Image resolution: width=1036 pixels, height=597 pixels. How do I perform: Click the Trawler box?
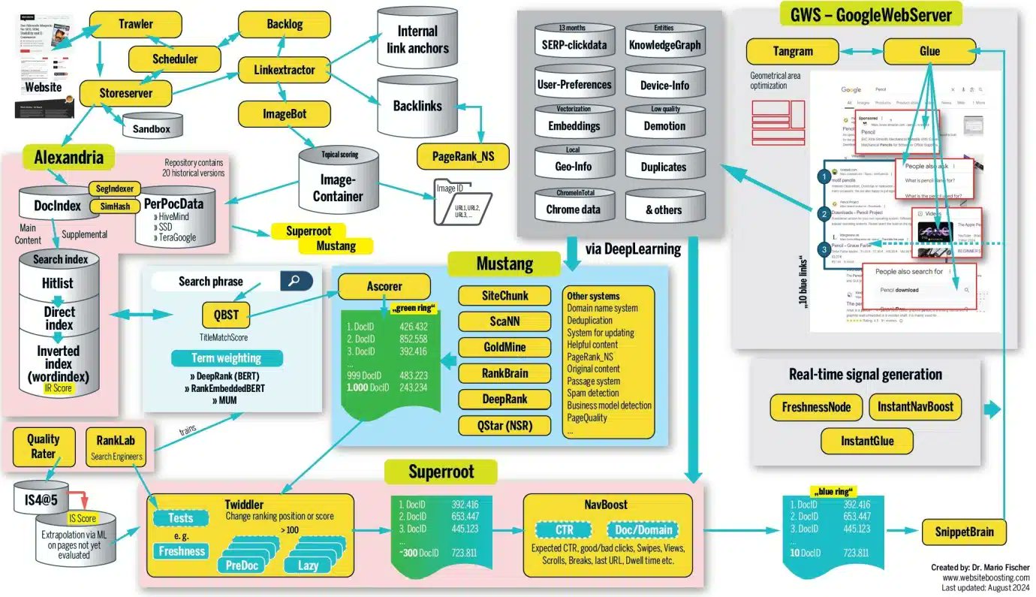136,24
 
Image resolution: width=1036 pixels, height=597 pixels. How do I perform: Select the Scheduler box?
175,59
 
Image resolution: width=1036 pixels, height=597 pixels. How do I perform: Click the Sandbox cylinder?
152,128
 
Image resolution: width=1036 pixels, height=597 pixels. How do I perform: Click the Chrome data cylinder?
574,208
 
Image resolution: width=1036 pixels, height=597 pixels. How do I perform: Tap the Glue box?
929,52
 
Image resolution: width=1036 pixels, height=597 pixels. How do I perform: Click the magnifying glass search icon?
297,282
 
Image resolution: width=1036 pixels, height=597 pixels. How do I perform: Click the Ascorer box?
384,286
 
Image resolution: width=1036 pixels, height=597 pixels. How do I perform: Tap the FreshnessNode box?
816,407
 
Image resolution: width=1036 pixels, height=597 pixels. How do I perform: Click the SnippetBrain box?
964,532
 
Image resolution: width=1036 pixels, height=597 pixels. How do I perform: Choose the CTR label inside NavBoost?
565,530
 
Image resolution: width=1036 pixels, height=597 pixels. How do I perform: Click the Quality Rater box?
43,445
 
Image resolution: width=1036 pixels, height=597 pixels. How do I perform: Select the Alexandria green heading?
69,158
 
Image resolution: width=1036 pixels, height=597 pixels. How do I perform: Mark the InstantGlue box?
867,441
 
